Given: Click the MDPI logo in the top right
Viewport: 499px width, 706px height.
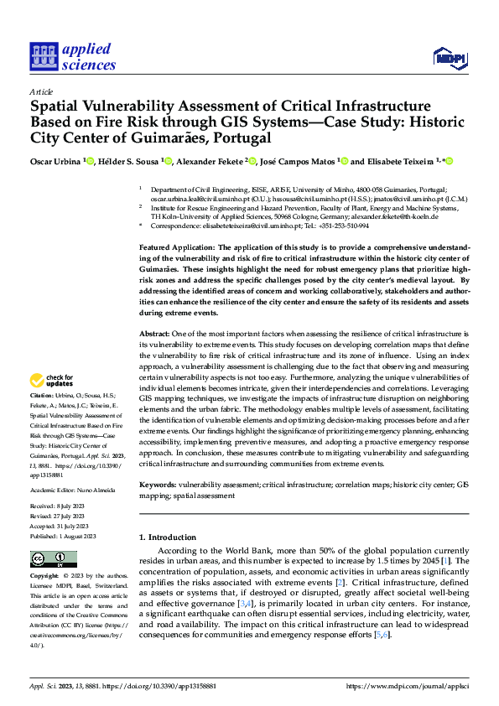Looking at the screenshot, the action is click(x=449, y=57).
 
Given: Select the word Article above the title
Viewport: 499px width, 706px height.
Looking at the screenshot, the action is click(x=40, y=91).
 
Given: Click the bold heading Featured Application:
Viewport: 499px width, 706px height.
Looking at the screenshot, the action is click(x=176, y=248).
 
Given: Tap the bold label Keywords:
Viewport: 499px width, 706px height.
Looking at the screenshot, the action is click(x=157, y=485).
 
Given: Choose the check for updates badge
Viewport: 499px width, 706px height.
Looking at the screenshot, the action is click(x=53, y=379).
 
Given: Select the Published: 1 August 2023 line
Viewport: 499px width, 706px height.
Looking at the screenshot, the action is click(x=63, y=536).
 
